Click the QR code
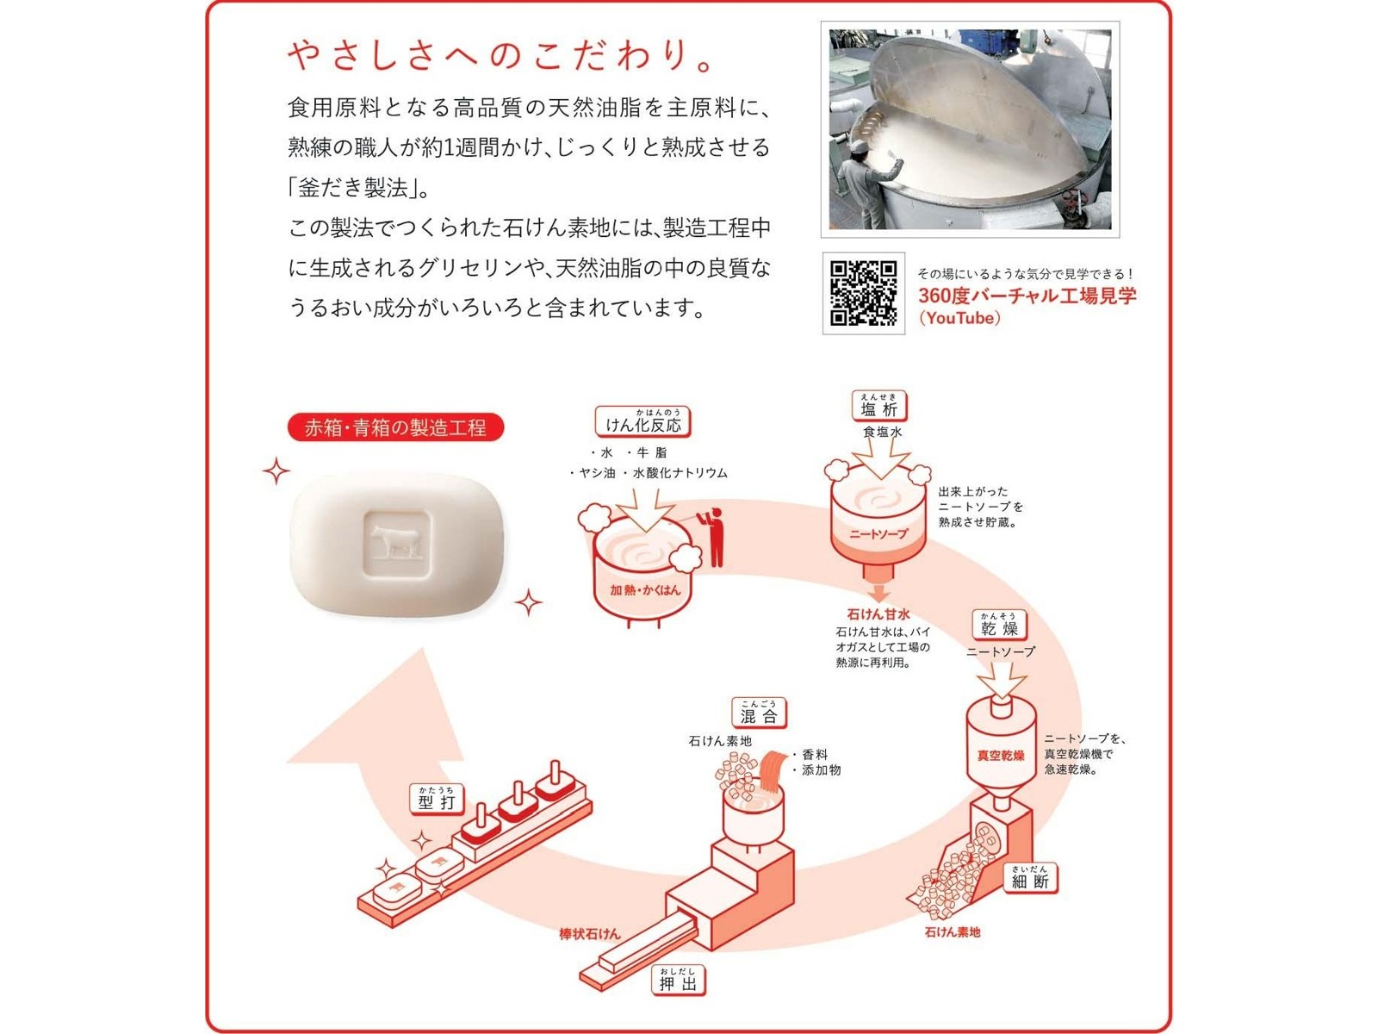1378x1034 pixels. tap(863, 293)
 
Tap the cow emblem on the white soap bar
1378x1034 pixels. tap(396, 543)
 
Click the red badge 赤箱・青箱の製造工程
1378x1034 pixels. tap(395, 427)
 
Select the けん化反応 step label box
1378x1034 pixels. tap(642, 422)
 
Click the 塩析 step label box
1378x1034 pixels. tap(878, 407)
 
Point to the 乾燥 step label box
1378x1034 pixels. tap(999, 626)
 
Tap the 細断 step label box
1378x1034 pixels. tap(1030, 879)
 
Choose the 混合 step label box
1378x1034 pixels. tap(759, 713)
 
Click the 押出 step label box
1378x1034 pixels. tap(678, 981)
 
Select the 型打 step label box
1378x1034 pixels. tap(437, 800)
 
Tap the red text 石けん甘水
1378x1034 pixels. tap(878, 614)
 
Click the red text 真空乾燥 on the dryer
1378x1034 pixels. tap(1000, 756)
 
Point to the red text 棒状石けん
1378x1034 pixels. tap(589, 934)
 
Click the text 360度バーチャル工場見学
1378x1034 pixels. tap(1027, 296)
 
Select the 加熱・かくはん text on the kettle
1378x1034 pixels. tap(644, 590)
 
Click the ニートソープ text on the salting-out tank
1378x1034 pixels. tap(878, 534)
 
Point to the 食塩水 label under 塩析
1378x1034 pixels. tap(882, 432)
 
